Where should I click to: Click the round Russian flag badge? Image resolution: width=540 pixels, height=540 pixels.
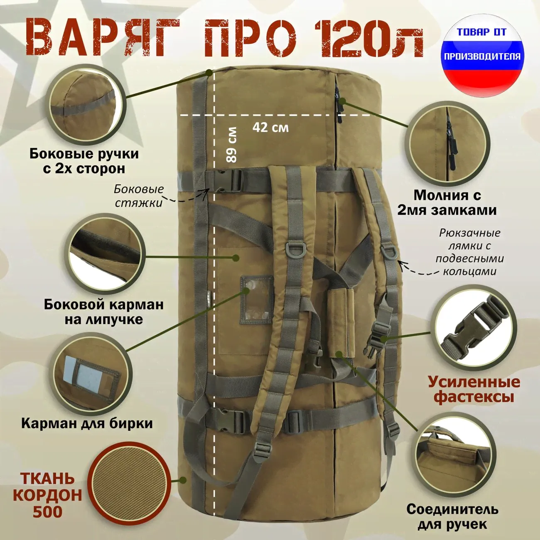[482, 56]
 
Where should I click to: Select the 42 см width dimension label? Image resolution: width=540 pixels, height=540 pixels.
[270, 128]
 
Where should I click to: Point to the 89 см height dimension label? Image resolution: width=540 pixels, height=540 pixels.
[232, 145]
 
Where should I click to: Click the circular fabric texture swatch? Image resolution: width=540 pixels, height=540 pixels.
[129, 485]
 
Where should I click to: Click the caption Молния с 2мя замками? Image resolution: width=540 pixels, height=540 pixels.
[447, 203]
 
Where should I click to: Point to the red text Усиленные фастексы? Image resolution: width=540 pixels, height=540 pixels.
[474, 390]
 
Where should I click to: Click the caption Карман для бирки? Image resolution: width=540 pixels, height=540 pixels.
[87, 423]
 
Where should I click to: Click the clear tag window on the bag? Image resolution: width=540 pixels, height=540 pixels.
[257, 299]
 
